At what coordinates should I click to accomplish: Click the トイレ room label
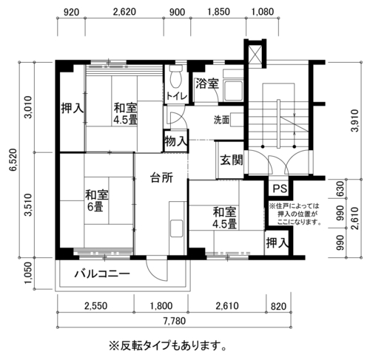click(177, 96)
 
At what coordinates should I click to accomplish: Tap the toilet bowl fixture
click(176, 76)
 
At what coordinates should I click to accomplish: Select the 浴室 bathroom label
click(207, 84)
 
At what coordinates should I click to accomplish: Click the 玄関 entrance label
click(232, 160)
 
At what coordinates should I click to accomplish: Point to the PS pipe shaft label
click(280, 189)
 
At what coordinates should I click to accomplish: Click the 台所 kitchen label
click(161, 177)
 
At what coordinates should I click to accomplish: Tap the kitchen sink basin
click(177, 228)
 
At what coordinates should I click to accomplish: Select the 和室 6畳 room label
click(97, 201)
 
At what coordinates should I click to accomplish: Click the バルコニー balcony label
click(102, 274)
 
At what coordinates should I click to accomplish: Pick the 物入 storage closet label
click(176, 141)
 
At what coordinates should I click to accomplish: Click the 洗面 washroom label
click(221, 120)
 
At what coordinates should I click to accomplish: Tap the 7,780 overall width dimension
click(175, 321)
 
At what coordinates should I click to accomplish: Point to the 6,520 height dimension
click(13, 160)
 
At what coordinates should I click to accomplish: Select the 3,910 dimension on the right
click(355, 120)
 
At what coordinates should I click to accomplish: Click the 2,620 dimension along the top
click(124, 12)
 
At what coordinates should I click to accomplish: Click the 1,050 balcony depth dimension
click(28, 273)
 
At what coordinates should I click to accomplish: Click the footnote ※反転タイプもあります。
click(168, 346)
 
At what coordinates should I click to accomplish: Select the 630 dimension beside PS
click(340, 189)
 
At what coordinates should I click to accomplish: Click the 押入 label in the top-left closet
click(73, 108)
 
